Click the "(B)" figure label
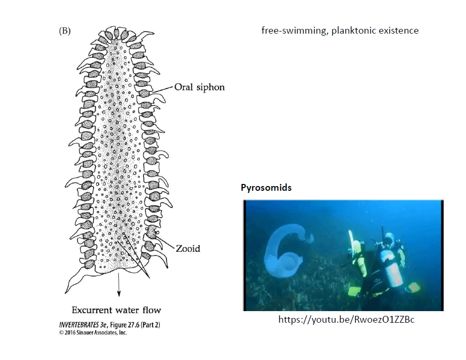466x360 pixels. [65, 31]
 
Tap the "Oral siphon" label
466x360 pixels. [200, 87]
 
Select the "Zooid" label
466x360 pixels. [188, 249]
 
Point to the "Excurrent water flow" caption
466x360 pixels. [116, 310]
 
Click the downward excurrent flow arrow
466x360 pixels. [119, 284]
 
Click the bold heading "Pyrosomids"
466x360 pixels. [266, 188]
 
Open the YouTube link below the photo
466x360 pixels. [346, 320]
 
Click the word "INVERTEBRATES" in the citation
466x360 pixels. [79, 325]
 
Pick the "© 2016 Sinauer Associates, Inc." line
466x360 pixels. [93, 333]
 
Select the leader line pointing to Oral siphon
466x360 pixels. [162, 90]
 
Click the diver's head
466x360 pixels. [388, 238]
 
